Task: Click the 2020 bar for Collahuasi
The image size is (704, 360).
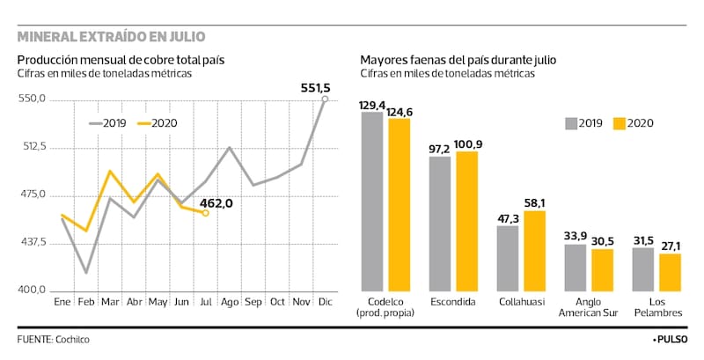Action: (533, 251)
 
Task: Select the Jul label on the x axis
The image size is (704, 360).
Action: (206, 303)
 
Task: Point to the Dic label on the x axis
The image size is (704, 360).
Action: (325, 303)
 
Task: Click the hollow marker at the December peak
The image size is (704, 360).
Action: (325, 99)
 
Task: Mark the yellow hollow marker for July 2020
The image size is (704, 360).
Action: (205, 213)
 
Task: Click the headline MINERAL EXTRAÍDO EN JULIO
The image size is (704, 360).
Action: (112, 36)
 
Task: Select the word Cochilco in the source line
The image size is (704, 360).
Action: (72, 339)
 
